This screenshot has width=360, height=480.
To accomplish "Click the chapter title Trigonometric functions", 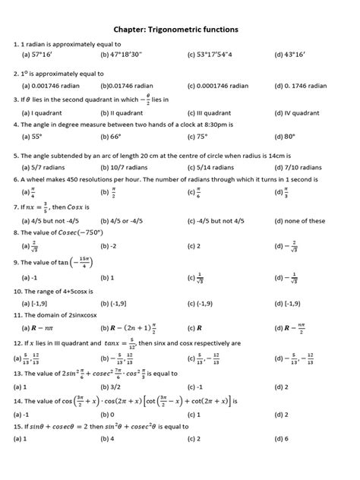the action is pyautogui.click(x=179, y=29).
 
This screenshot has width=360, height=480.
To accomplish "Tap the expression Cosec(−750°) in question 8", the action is pyautogui.click(x=95, y=233).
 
